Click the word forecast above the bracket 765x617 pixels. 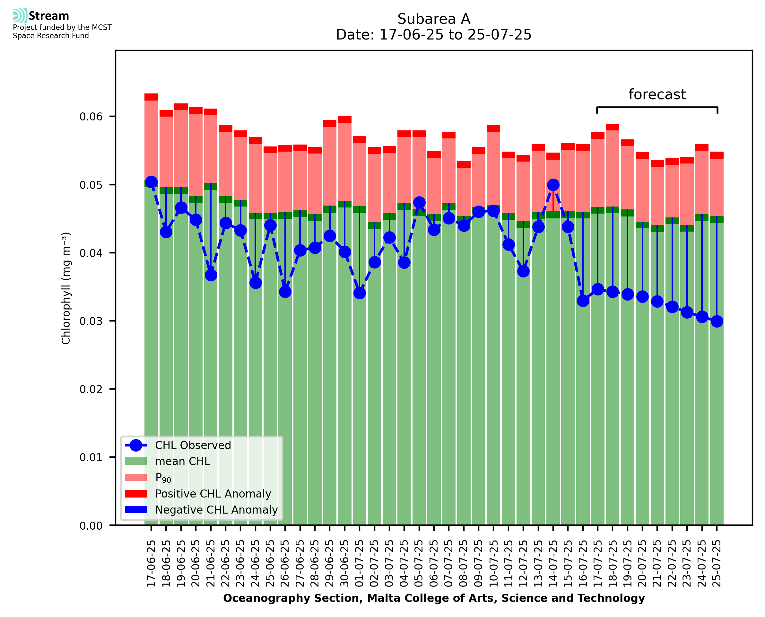657,94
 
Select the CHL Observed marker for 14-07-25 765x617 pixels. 553,185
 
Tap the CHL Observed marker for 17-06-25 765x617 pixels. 151,182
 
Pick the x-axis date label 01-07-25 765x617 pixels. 360,563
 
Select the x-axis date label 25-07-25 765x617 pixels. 717,563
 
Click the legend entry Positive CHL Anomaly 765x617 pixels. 213,494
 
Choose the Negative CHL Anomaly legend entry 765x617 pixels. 216,510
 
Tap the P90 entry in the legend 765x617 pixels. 163,478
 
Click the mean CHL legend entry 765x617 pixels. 183,461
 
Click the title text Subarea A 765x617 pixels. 434,19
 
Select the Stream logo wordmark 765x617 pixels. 49,16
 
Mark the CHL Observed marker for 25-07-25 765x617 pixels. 717,321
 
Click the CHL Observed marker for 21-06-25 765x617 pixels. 211,275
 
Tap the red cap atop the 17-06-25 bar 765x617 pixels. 151,97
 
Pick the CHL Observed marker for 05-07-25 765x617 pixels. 419,202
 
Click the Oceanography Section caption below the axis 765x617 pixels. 434,598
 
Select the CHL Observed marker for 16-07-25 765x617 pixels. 583,301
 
